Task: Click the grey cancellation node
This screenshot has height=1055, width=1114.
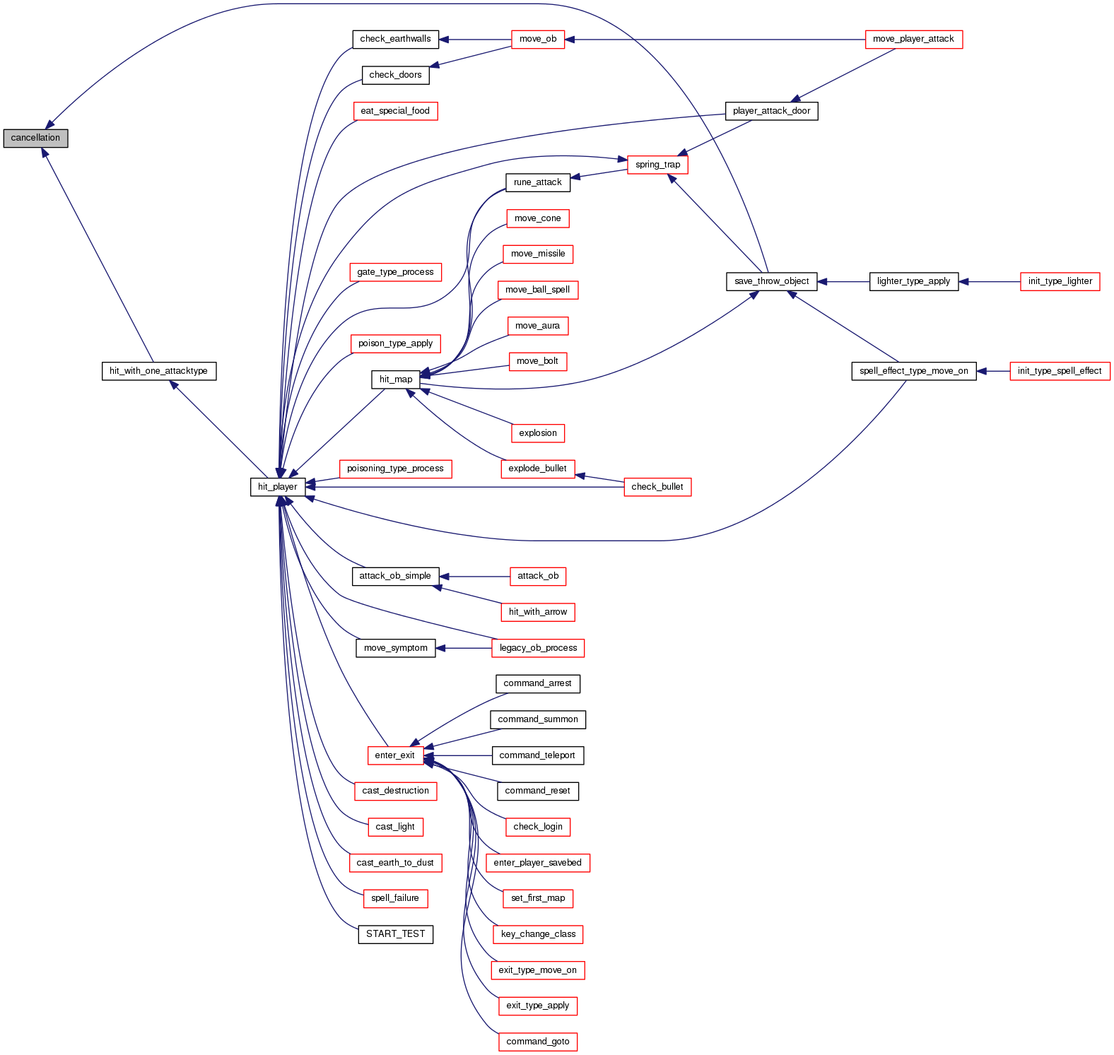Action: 35,138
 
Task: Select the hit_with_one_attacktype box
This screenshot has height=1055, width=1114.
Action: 158,371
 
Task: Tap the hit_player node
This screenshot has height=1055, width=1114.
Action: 277,487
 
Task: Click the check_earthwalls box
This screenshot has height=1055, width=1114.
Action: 395,39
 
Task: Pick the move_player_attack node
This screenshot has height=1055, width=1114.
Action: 913,39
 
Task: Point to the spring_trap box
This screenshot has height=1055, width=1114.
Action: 657,165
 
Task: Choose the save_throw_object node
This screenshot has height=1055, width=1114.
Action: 771,281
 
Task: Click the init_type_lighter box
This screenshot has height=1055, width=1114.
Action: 1060,281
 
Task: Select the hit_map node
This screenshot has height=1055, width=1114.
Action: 396,379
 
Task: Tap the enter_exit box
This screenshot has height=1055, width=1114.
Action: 394,755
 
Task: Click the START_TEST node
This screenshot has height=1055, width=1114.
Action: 395,934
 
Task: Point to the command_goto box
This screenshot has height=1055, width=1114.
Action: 537,1042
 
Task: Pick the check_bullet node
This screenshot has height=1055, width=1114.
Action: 657,487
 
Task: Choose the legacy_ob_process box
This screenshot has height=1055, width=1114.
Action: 538,648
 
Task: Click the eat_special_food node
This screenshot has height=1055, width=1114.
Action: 395,111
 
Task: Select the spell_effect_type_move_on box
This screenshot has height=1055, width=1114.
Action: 913,371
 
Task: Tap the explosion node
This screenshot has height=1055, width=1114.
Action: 537,433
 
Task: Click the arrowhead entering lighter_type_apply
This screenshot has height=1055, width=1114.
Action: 964,281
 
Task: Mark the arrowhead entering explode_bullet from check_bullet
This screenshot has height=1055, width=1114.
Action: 580,476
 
